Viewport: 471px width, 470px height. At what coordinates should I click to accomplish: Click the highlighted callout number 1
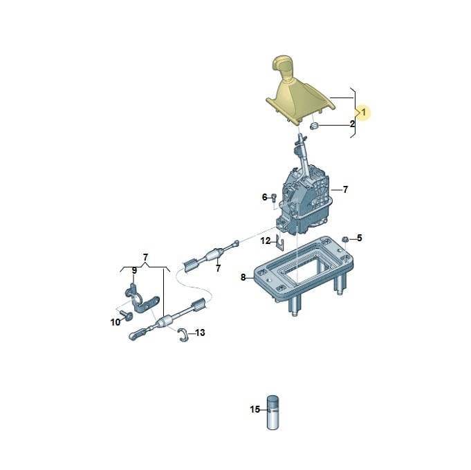pos(364,113)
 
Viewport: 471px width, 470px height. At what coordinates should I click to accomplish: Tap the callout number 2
pos(352,124)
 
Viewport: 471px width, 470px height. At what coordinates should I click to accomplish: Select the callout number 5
pos(360,238)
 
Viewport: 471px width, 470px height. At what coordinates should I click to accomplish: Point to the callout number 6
pos(265,197)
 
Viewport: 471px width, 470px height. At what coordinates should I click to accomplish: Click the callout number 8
pos(243,277)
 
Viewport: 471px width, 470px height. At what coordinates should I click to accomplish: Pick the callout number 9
pos(134,271)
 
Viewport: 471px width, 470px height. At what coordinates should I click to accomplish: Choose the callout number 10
pos(116,322)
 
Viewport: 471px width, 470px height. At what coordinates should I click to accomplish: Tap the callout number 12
pos(266,241)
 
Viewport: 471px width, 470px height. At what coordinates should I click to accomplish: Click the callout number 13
pos(200,332)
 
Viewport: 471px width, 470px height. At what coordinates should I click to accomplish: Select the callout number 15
pos(255,409)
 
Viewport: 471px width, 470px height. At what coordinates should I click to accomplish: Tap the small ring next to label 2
pos(314,126)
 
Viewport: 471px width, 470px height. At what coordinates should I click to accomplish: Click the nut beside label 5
pos(345,239)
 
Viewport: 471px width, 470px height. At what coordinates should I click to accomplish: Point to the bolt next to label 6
pos(274,197)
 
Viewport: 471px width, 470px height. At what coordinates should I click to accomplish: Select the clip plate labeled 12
pos(280,242)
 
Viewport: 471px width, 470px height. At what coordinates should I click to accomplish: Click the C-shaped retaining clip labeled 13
pos(183,335)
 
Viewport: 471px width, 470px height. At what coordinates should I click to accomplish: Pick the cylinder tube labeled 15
pos(273,412)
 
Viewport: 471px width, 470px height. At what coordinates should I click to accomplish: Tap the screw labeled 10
pos(126,315)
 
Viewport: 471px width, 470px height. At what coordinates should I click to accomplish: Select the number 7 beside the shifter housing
pos(345,189)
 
